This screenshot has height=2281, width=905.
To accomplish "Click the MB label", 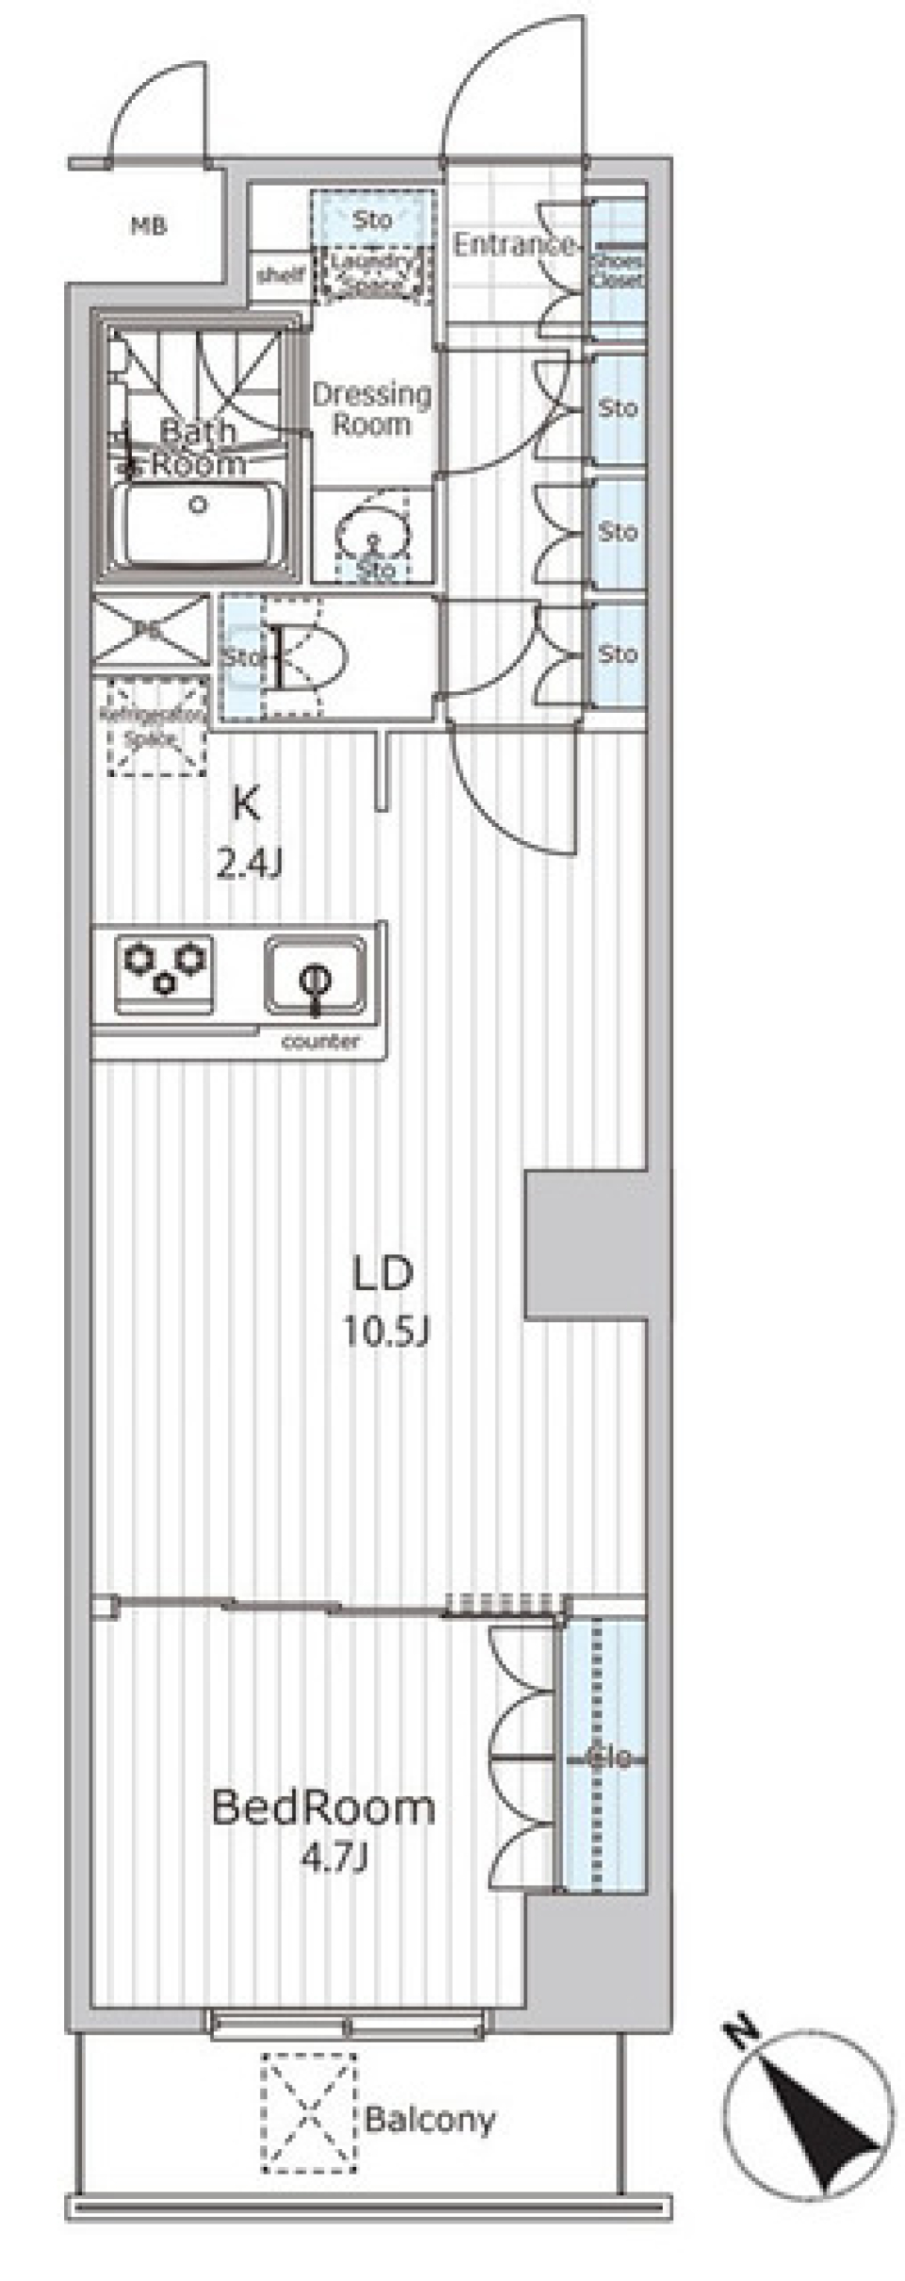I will point(149,226).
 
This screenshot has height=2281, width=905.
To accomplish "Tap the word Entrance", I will point(513,245).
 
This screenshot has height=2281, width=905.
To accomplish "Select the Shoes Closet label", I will point(617,271).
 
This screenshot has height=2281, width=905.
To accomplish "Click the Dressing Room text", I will point(371,409).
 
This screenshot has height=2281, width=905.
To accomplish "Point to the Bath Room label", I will point(199,447).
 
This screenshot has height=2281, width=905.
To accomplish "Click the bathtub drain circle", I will point(197,504).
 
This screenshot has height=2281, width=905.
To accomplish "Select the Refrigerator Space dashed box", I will point(156,727).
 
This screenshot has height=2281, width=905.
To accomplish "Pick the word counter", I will point(321,1042).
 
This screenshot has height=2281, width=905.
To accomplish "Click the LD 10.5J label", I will point(385,1301).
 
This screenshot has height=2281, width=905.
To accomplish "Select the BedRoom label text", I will point(323,1808).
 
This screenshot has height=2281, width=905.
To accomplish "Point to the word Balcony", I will point(430,2121).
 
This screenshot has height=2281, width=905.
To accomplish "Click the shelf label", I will point(281,275).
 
